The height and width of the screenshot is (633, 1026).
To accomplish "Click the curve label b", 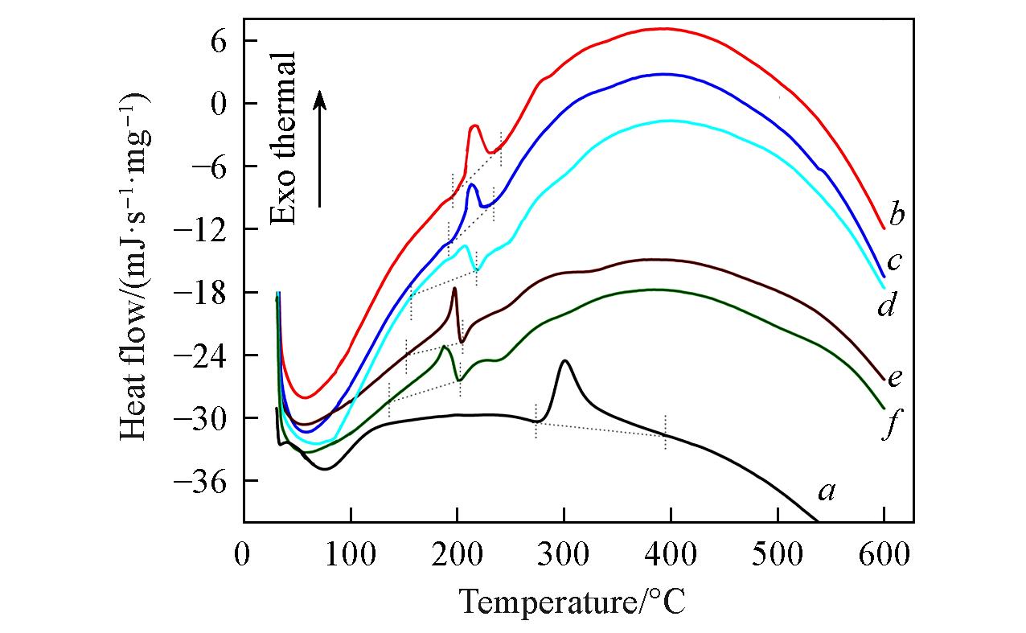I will [897, 216].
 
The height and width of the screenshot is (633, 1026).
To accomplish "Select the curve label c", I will [896, 261].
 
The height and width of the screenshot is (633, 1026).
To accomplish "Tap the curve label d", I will [887, 306].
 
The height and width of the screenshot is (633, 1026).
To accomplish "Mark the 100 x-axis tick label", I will [350, 555].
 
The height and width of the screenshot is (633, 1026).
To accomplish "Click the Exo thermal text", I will [282, 138].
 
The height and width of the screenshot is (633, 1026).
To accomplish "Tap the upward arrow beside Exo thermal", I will [320, 149].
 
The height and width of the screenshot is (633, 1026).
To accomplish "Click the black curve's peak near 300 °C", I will [564, 360].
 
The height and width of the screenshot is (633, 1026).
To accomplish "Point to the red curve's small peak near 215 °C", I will [474, 125].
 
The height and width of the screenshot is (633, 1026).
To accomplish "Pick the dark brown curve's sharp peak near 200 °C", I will [454, 288].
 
